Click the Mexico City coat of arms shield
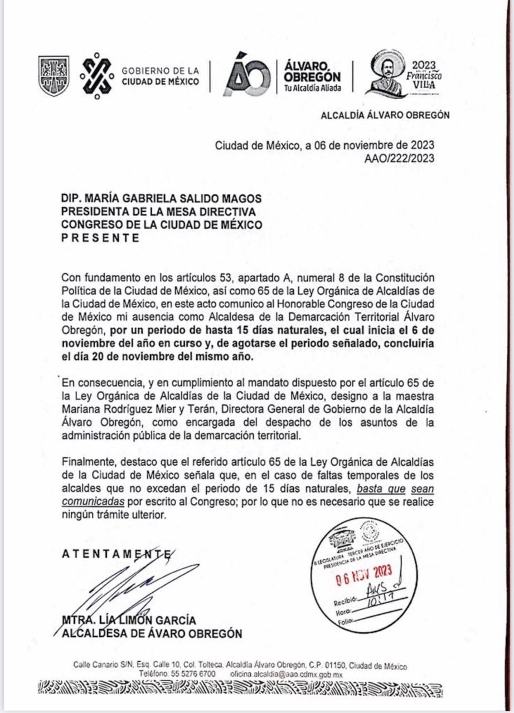point(54,76)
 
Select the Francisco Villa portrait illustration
point(386,74)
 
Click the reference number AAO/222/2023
point(399,158)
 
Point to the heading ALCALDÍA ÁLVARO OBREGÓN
point(385,115)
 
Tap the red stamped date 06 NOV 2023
point(364,575)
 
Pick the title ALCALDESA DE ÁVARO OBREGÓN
point(152,633)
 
